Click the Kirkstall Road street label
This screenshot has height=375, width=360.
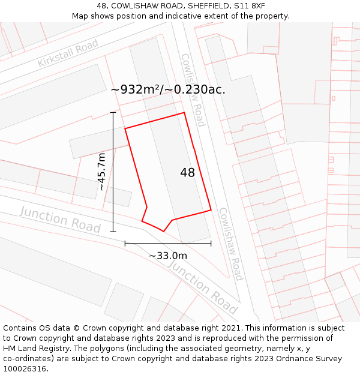(x=68, y=54)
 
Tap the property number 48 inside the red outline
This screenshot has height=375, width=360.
(x=187, y=173)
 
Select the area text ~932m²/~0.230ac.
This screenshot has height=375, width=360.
(x=168, y=89)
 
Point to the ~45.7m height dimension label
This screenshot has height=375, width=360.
(x=102, y=172)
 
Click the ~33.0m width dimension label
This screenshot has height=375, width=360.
(x=168, y=256)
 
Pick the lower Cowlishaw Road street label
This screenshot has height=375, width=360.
(x=230, y=244)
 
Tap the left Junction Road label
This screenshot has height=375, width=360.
(x=60, y=219)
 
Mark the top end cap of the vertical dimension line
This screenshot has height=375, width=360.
(x=113, y=112)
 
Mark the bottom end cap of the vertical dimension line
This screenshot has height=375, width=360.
(x=113, y=231)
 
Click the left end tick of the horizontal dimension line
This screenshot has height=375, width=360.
(x=125, y=243)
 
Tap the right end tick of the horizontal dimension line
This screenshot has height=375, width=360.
(x=211, y=243)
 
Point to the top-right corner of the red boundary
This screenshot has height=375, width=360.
(x=184, y=113)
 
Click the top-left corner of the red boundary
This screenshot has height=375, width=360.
(x=125, y=128)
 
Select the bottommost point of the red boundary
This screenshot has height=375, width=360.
(x=163, y=232)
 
